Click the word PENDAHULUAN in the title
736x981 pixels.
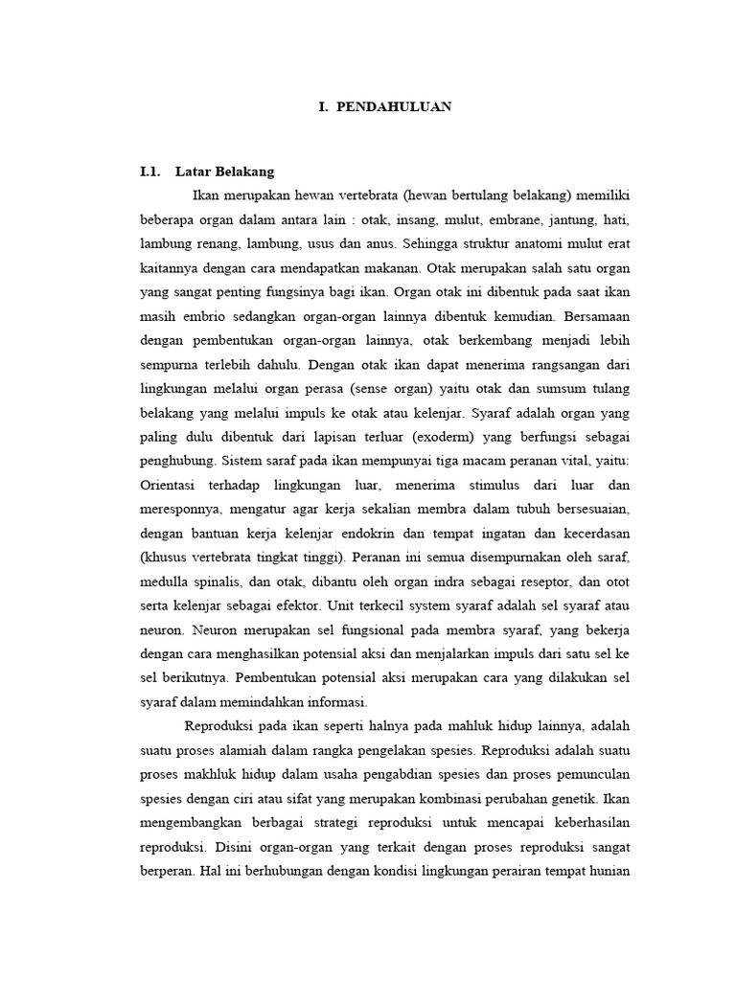click(x=394, y=107)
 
